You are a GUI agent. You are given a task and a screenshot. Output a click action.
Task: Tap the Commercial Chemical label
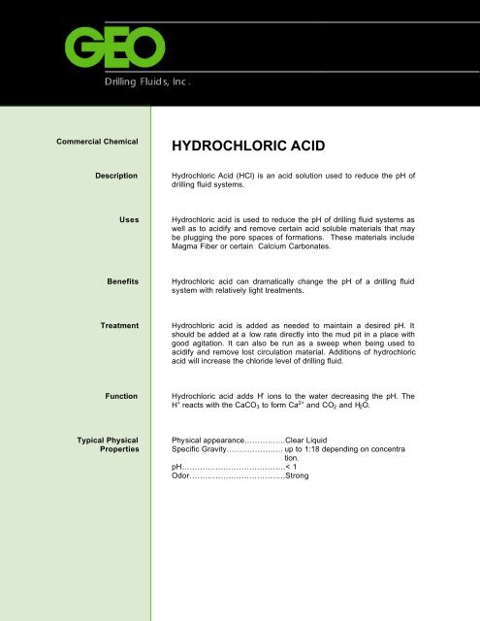93,142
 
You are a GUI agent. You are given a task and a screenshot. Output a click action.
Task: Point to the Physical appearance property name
211,441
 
